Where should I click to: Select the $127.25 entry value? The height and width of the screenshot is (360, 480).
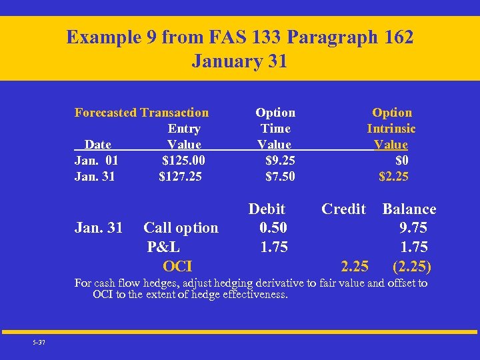click(x=180, y=177)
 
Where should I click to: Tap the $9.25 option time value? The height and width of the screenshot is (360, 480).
click(x=280, y=161)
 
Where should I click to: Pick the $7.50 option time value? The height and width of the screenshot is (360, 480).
click(x=280, y=177)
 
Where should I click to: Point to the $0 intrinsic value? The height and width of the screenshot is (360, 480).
click(x=402, y=161)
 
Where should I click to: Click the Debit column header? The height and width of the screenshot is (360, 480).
click(x=267, y=209)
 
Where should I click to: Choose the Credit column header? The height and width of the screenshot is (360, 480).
click(x=343, y=209)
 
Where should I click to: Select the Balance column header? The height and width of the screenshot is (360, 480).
click(x=409, y=209)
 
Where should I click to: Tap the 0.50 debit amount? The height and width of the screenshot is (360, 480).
click(x=273, y=228)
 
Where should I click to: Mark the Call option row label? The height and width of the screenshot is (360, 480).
click(x=181, y=228)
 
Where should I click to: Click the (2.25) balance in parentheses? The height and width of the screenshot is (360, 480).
click(x=412, y=267)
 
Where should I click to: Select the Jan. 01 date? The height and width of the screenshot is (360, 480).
click(x=97, y=161)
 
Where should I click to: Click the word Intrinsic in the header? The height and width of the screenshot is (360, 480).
click(x=391, y=129)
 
